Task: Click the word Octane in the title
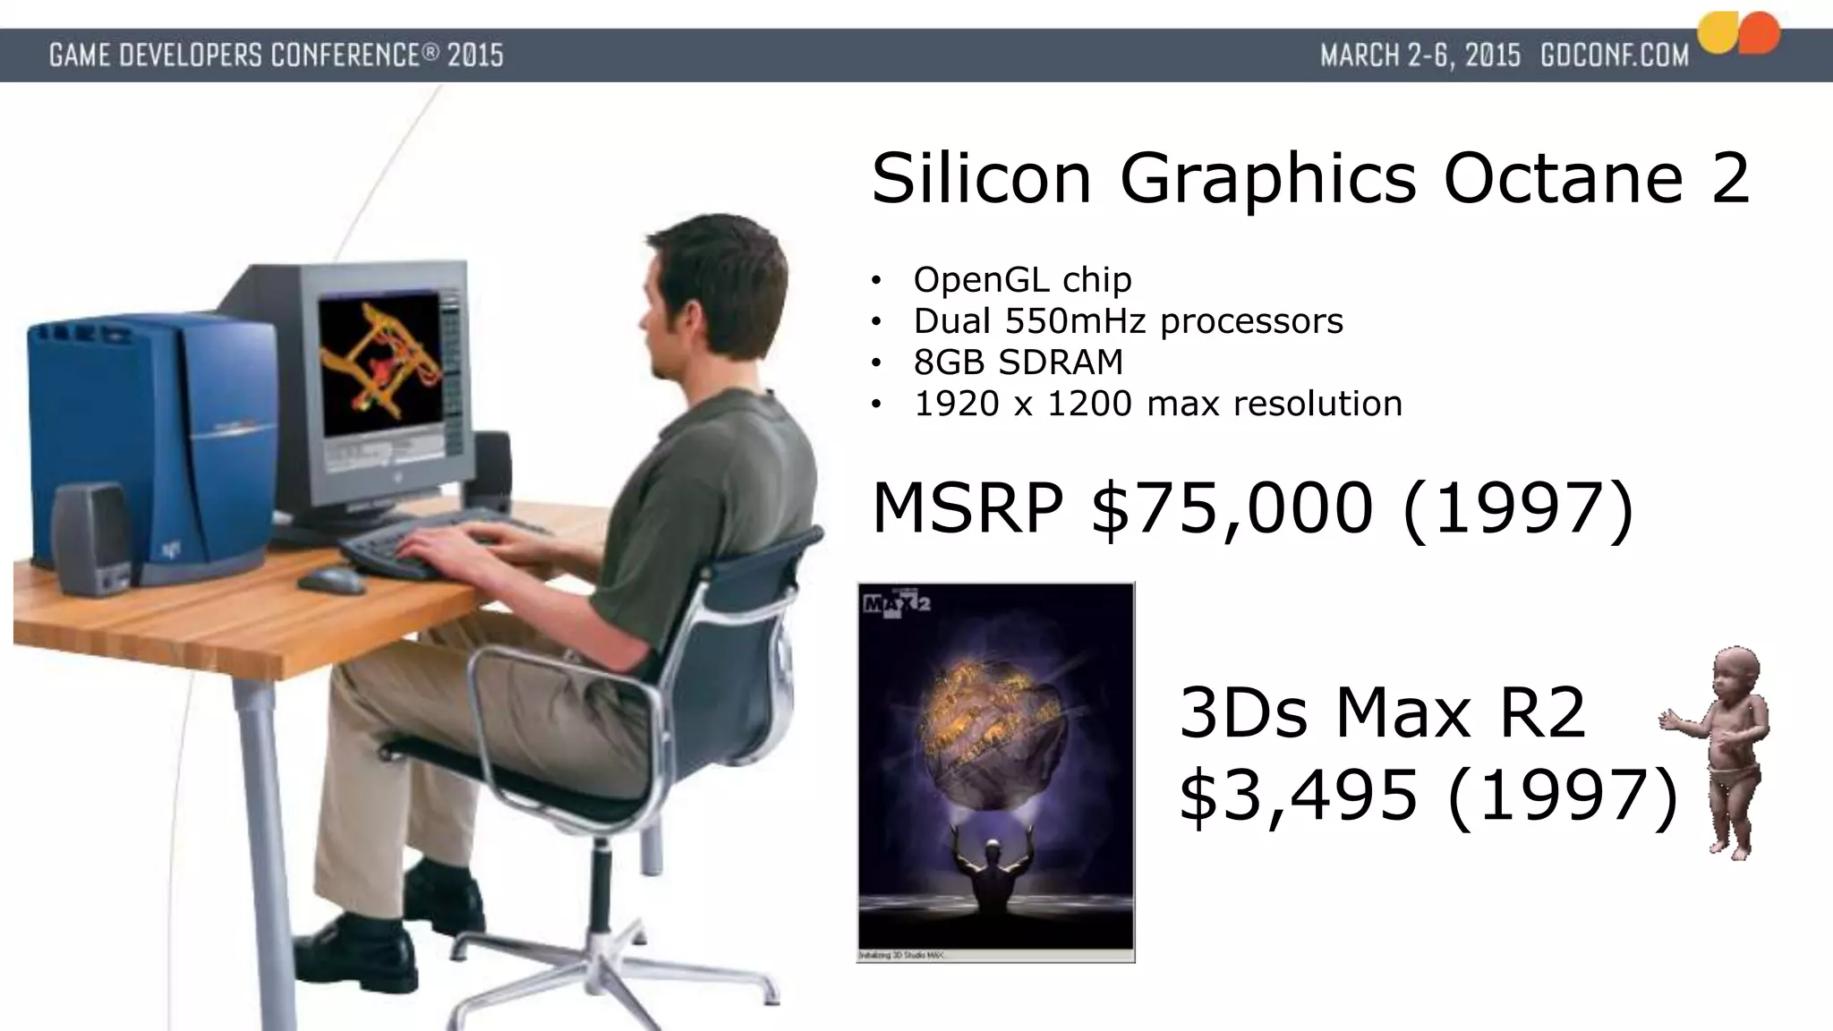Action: click(x=1563, y=178)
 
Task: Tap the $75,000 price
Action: click(x=1232, y=508)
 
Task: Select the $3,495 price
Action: click(x=1299, y=794)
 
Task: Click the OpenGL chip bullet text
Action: click(x=1022, y=280)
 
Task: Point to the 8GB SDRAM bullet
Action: click(x=1018, y=362)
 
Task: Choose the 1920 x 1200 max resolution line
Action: click(x=1157, y=404)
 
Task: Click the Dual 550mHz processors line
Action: click(x=1128, y=321)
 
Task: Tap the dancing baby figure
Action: click(x=1722, y=752)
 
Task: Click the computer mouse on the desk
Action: click(x=330, y=580)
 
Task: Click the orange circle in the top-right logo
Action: click(x=1760, y=34)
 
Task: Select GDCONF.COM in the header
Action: click(x=1614, y=55)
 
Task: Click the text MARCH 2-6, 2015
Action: click(x=1420, y=55)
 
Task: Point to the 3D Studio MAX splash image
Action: click(x=995, y=771)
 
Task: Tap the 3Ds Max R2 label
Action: click(x=1382, y=713)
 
